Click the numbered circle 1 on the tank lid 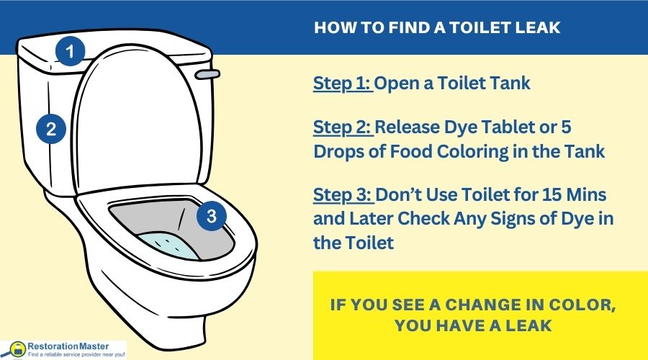click(x=71, y=51)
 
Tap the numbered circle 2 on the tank click(x=51, y=129)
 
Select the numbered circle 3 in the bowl click(x=211, y=215)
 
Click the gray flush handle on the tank click(x=207, y=74)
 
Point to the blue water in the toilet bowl click(x=168, y=246)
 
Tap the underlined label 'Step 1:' click(x=342, y=83)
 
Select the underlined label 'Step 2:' click(x=343, y=127)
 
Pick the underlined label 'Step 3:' click(x=343, y=194)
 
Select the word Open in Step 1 click(x=397, y=84)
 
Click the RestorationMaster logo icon click(x=17, y=349)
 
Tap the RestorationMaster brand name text click(x=68, y=346)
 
